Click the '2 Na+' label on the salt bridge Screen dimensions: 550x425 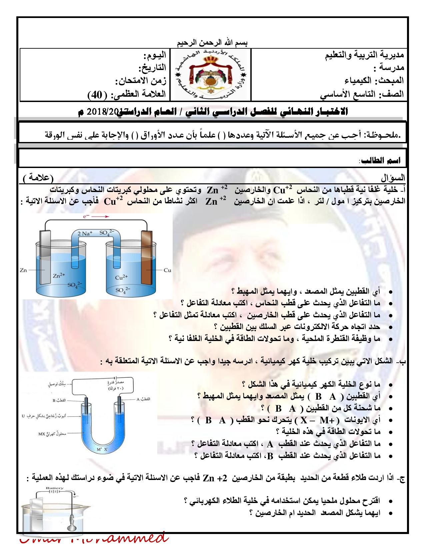pyautogui.click(x=85, y=233)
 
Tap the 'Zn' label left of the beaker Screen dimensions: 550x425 pyautogui.click(x=23, y=270)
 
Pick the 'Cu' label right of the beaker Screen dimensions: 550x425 pyautogui.click(x=167, y=270)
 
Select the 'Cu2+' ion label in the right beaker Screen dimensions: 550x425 pyautogui.click(x=121, y=277)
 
